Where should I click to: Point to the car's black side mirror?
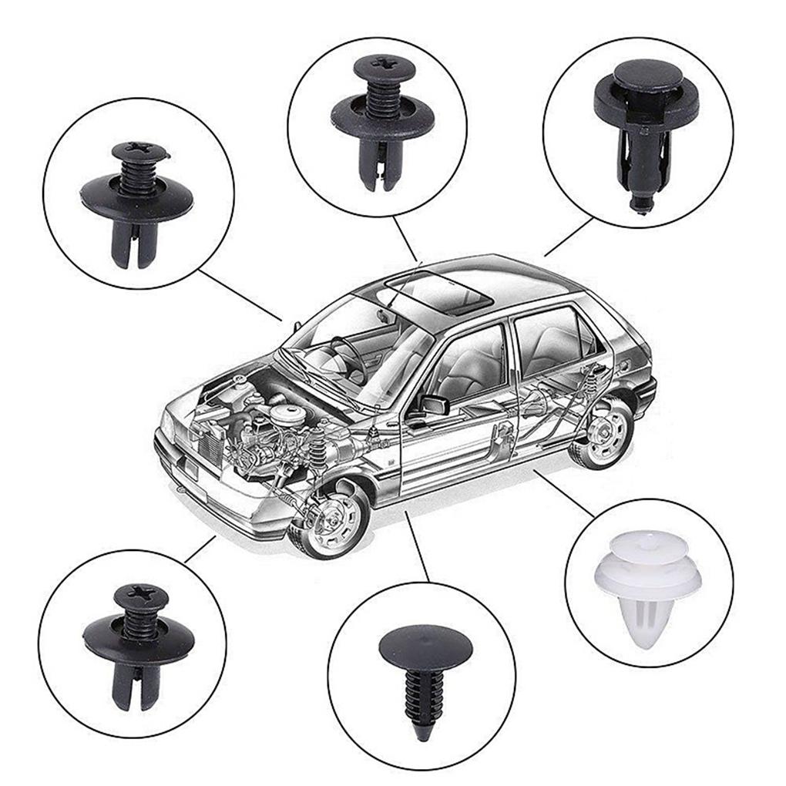pyautogui.click(x=433, y=404)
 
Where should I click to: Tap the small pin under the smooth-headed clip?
pyautogui.click(x=640, y=205)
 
